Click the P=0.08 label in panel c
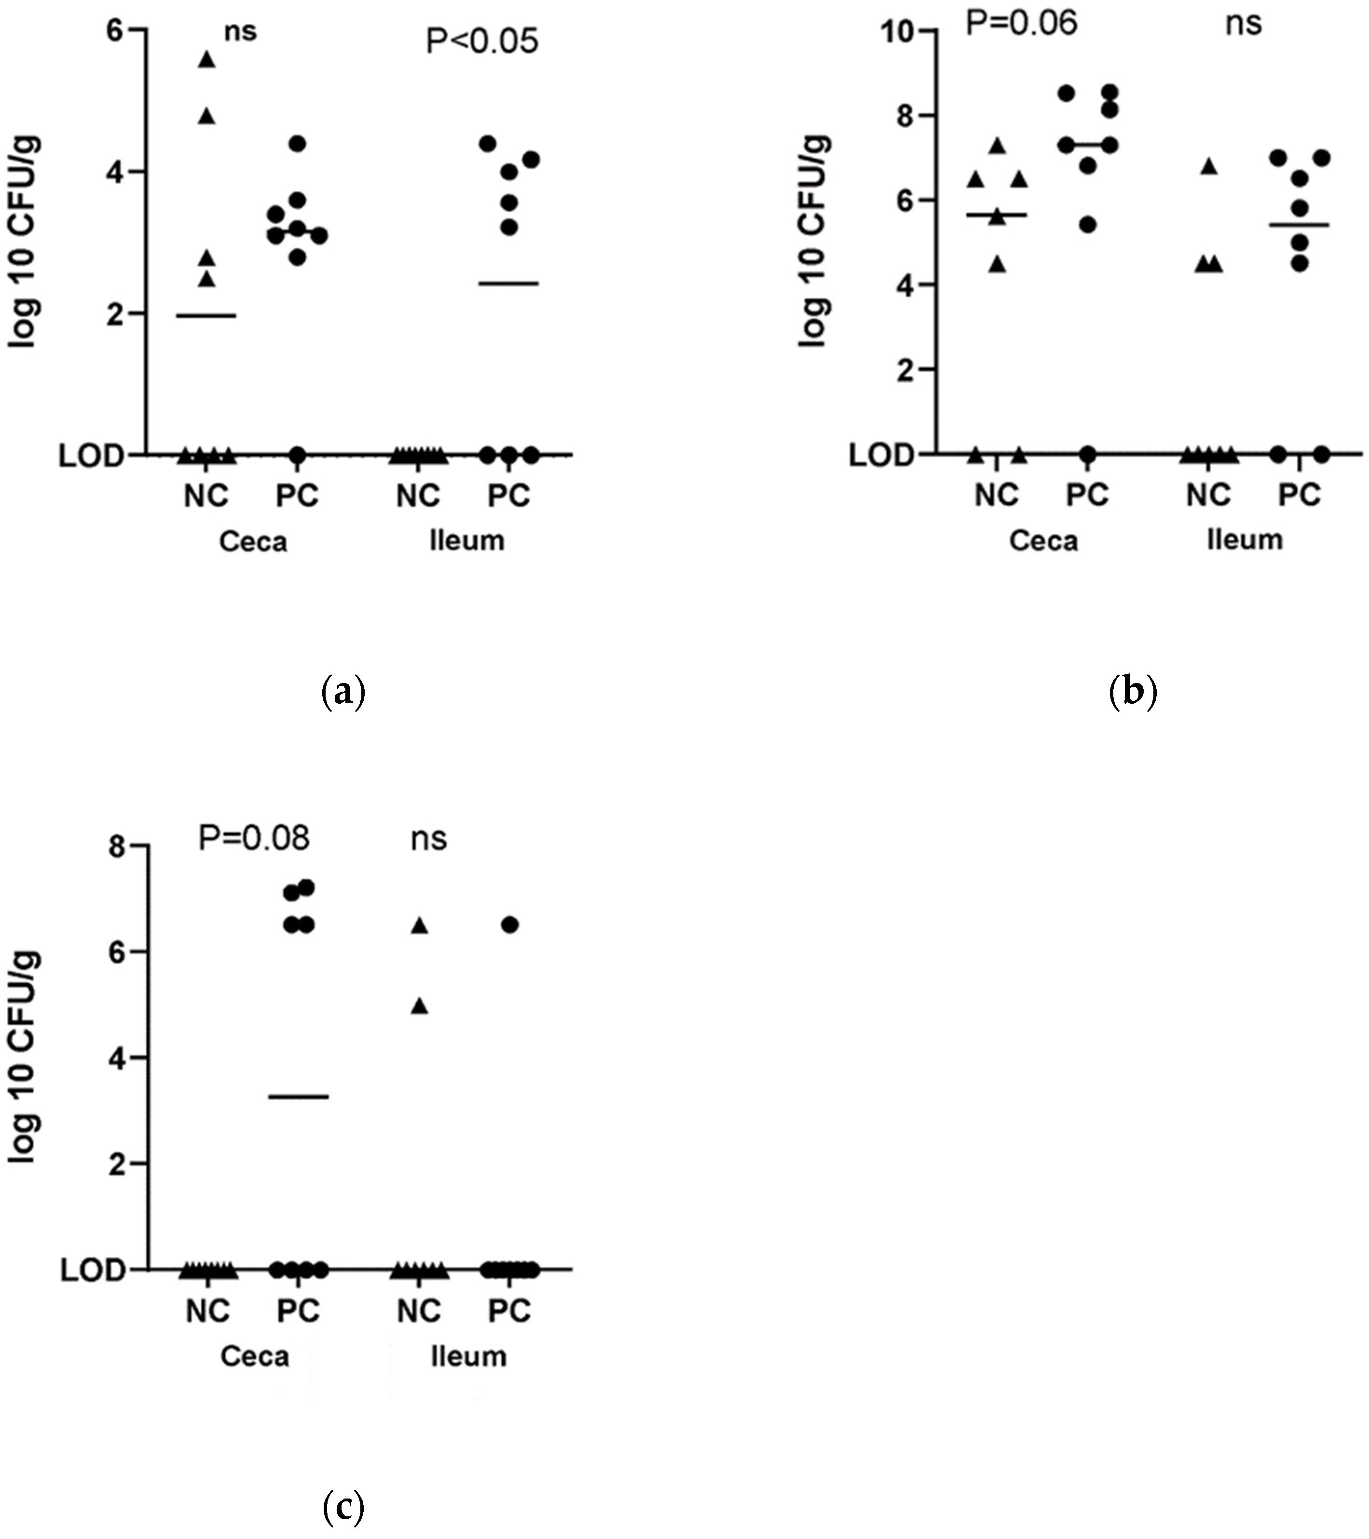253,838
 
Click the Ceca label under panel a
253,541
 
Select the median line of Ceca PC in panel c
299,1096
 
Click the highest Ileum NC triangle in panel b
1208,167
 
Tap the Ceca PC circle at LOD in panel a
298,455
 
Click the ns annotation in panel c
429,839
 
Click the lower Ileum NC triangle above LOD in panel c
420,1007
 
